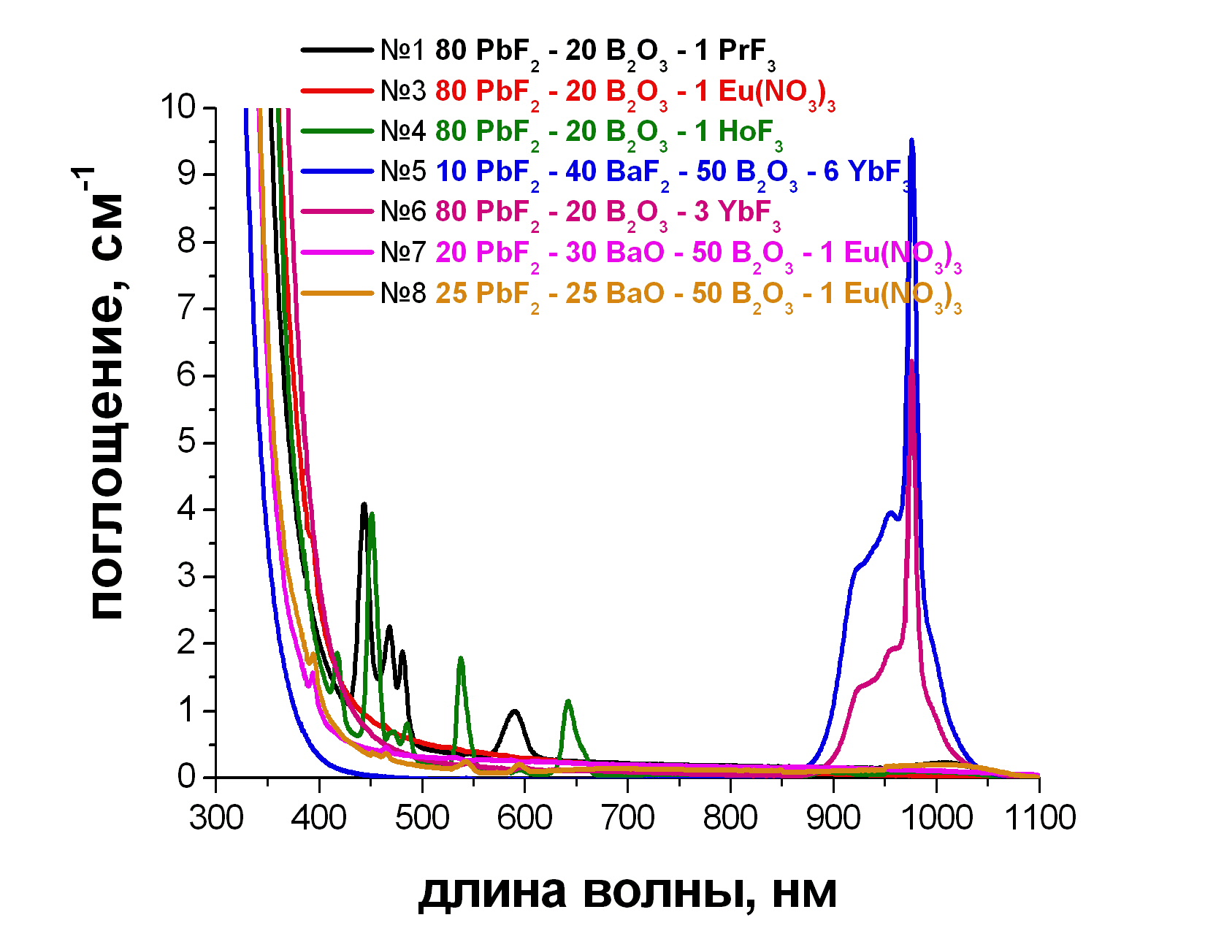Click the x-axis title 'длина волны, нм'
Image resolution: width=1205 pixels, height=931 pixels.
point(627,892)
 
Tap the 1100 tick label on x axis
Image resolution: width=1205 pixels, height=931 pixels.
point(1040,818)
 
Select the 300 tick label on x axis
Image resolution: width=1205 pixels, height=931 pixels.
point(216,818)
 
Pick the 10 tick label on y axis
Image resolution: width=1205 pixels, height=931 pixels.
point(178,107)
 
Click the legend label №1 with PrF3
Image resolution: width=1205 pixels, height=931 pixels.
point(577,51)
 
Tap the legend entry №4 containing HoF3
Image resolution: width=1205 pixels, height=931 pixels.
point(581,132)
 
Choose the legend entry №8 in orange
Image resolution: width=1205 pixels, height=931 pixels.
point(670,294)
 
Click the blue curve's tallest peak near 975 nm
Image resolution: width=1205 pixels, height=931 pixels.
point(911,140)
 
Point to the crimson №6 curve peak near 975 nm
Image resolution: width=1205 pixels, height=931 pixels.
point(911,361)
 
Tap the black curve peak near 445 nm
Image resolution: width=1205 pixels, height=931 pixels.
point(364,504)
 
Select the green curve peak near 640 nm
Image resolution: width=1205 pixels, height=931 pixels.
point(568,702)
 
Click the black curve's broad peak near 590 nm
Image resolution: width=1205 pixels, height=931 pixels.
point(515,710)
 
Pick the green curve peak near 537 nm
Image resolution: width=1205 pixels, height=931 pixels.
point(461,659)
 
